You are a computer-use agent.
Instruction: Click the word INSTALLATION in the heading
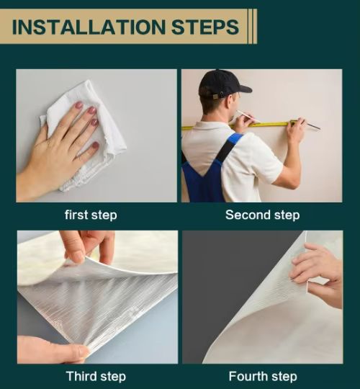click(89, 27)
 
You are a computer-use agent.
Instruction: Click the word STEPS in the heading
click(205, 27)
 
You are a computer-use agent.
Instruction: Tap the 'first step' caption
click(91, 215)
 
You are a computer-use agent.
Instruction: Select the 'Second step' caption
click(263, 215)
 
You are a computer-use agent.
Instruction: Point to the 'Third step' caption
click(96, 376)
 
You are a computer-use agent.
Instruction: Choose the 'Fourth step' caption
click(263, 376)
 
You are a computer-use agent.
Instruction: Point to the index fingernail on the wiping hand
click(79, 105)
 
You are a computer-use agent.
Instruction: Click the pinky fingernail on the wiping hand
click(96, 145)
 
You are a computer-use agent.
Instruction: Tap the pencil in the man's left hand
click(249, 117)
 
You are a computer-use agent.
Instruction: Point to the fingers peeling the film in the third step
click(89, 248)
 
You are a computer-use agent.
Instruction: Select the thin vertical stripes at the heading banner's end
click(252, 27)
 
